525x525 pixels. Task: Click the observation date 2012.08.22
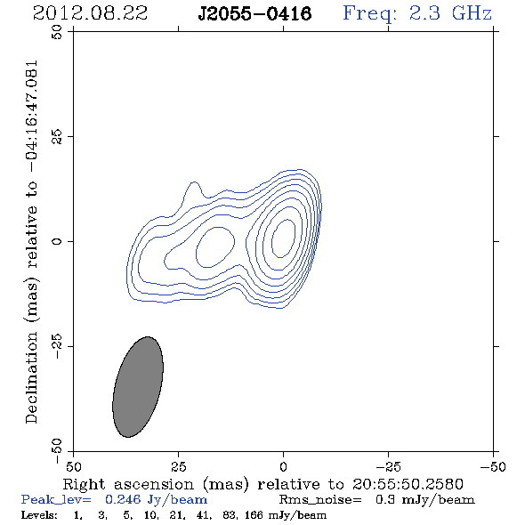(x=90, y=13)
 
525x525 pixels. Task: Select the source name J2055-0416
(x=254, y=14)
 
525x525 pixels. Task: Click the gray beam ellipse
(x=138, y=387)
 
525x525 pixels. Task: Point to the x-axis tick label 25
(x=178, y=467)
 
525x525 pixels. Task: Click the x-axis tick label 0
(x=283, y=467)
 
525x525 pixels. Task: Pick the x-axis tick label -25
(x=388, y=467)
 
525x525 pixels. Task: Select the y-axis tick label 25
(x=57, y=136)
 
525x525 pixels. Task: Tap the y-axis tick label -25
(x=57, y=346)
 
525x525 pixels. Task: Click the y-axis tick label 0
(x=57, y=241)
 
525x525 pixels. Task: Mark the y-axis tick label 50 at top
(x=57, y=32)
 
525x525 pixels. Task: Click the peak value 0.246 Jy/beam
(x=156, y=499)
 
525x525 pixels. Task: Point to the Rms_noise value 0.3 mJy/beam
(x=424, y=499)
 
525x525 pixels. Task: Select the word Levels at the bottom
(x=39, y=515)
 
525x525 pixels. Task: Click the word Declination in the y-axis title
(x=31, y=377)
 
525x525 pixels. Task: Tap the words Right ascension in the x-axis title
(x=128, y=484)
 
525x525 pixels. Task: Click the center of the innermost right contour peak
(x=283, y=238)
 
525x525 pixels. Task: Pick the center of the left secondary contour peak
(x=215, y=247)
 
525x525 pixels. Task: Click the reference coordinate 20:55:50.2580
(x=408, y=484)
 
